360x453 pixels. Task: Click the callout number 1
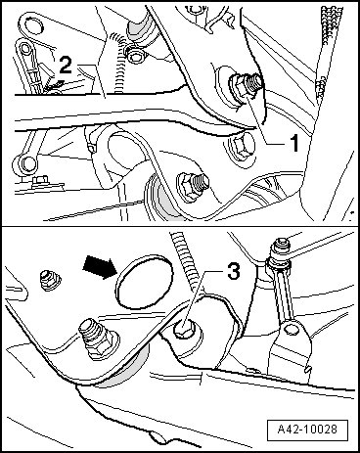(x=294, y=143)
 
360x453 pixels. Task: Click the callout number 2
(x=66, y=66)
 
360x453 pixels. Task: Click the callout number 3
(x=233, y=272)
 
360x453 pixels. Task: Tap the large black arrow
(x=98, y=267)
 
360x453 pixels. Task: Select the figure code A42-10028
(x=307, y=429)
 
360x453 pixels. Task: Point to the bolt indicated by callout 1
(x=247, y=85)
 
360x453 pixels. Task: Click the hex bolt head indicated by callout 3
(x=184, y=329)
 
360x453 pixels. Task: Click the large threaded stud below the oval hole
(x=97, y=340)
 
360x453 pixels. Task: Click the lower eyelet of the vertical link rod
(x=292, y=329)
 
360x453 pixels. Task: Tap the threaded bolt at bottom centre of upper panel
(x=193, y=185)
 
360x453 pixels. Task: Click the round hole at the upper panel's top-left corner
(x=32, y=25)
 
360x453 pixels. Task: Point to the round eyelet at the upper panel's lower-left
(x=26, y=163)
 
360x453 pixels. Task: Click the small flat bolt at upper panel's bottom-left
(x=40, y=180)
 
